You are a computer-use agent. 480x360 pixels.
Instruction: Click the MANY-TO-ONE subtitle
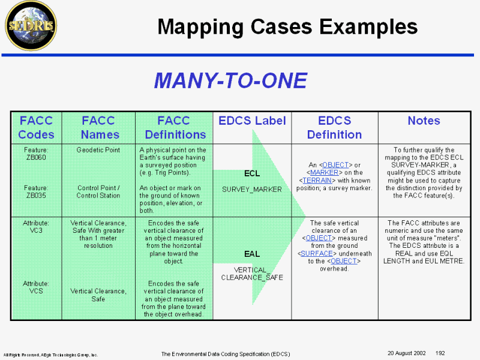tap(230, 80)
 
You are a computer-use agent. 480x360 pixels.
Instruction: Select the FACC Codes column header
tap(36, 127)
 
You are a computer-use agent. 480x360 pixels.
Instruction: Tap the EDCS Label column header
tap(252, 121)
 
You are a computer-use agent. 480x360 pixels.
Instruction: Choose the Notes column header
tap(424, 121)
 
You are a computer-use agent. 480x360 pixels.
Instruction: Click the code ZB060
tap(36, 157)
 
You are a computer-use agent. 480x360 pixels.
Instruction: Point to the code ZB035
tap(36, 195)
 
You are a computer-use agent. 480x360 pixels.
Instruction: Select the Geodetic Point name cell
tap(98, 150)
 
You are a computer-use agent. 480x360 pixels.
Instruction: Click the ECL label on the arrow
tap(252, 173)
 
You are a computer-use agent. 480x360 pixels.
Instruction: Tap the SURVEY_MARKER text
tap(252, 190)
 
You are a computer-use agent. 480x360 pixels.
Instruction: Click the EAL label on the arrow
tap(252, 254)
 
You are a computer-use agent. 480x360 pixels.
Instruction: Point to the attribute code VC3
tap(36, 230)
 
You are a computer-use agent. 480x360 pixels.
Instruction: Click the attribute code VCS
tap(36, 291)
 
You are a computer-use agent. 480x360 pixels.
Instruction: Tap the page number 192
tap(440, 353)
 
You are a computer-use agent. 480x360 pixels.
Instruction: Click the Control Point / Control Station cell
tap(98, 191)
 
